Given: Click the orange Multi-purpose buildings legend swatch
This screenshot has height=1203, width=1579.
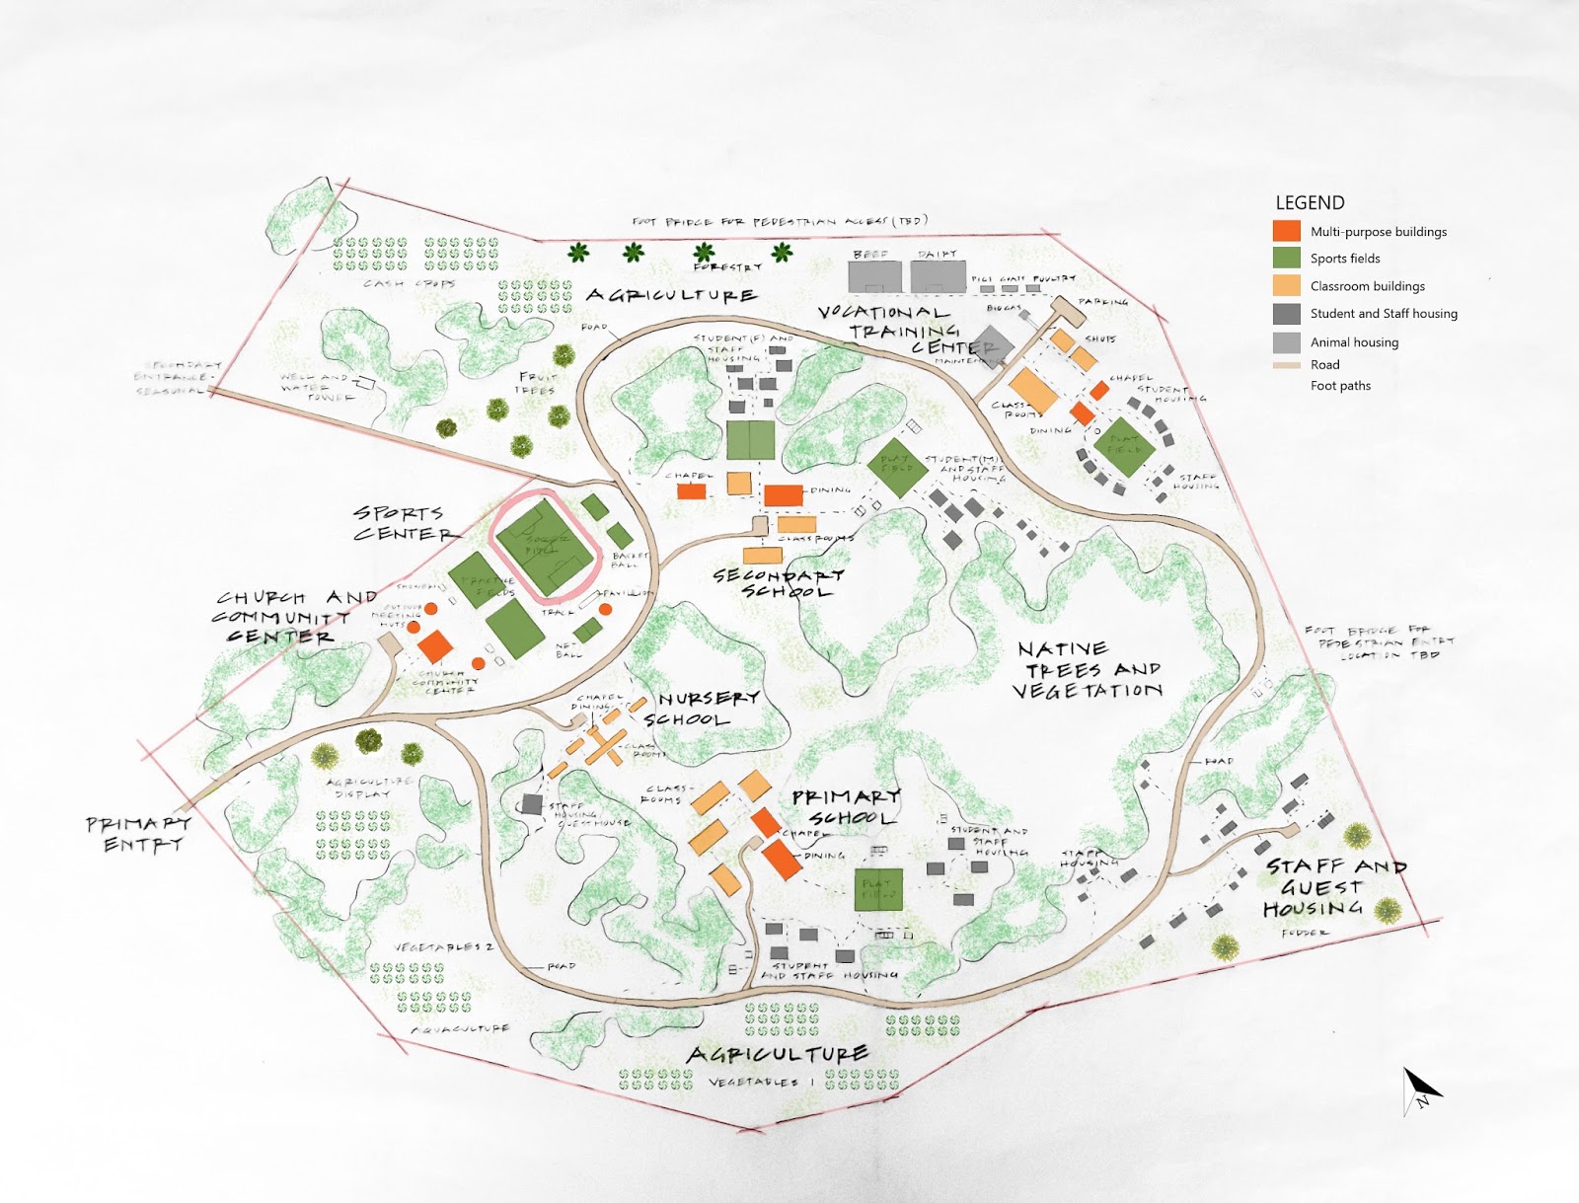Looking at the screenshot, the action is pos(1286,231).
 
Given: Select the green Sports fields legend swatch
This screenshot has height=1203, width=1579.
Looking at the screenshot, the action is pos(1286,258).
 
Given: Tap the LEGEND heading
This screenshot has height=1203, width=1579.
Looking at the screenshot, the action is pos(1310,202).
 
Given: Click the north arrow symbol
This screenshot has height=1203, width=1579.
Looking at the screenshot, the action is pos(1420,1090).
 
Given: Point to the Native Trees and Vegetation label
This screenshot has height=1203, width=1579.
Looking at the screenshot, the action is pos(1089,670).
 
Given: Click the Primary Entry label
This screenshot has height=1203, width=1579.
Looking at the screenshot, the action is pos(138,834).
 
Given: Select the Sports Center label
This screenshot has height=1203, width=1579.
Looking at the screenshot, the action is pos(402,523).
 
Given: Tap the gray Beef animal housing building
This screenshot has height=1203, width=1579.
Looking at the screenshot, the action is pos(875,274).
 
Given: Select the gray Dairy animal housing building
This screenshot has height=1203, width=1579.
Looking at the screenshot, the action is pos(938,274).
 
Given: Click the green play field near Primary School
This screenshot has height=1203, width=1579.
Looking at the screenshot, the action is pos(877,889).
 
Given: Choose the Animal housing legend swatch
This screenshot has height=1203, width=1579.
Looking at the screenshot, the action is pos(1286,341).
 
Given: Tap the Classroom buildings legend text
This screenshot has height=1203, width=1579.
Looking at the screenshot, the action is pos(1367,286).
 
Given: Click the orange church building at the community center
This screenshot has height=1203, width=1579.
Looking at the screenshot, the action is pos(434,647).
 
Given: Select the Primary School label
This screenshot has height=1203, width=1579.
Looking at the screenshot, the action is pos(847,806).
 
